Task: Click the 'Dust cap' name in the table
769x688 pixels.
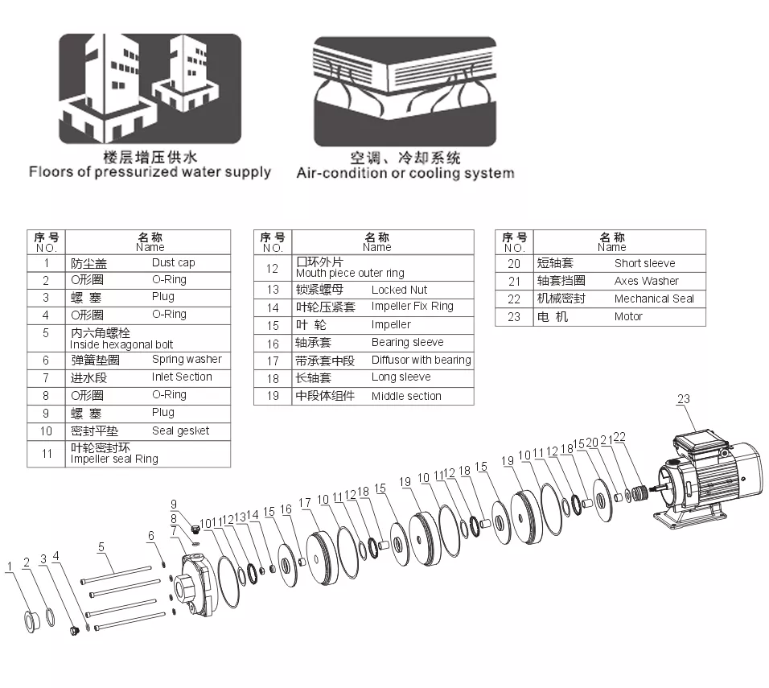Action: pyautogui.click(x=173, y=262)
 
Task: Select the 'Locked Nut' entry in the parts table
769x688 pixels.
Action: pyautogui.click(x=399, y=290)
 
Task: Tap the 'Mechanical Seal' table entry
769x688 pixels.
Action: pyautogui.click(x=653, y=299)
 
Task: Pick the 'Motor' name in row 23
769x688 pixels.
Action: pyautogui.click(x=628, y=316)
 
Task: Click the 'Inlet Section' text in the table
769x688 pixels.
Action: pyautogui.click(x=182, y=377)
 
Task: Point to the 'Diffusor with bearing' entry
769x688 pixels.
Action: pyautogui.click(x=421, y=360)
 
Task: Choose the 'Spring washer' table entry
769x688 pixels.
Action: pyautogui.click(x=186, y=360)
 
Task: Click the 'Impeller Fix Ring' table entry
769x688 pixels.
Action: pyautogui.click(x=412, y=307)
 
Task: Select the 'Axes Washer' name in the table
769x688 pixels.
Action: pyautogui.click(x=646, y=281)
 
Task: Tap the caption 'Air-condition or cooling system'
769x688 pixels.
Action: pyautogui.click(x=405, y=173)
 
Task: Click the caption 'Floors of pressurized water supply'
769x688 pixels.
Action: pyautogui.click(x=150, y=171)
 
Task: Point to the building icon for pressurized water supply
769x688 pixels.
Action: pyautogui.click(x=150, y=89)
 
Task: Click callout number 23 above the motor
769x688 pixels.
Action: pyautogui.click(x=683, y=399)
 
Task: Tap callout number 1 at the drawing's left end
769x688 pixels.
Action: pyautogui.click(x=10, y=566)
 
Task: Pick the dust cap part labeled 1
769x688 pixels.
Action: pyautogui.click(x=31, y=621)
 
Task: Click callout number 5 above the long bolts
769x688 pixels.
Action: pyautogui.click(x=101, y=547)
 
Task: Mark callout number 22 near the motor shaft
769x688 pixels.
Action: pyautogui.click(x=619, y=438)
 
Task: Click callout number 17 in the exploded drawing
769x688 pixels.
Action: pyautogui.click(x=305, y=503)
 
